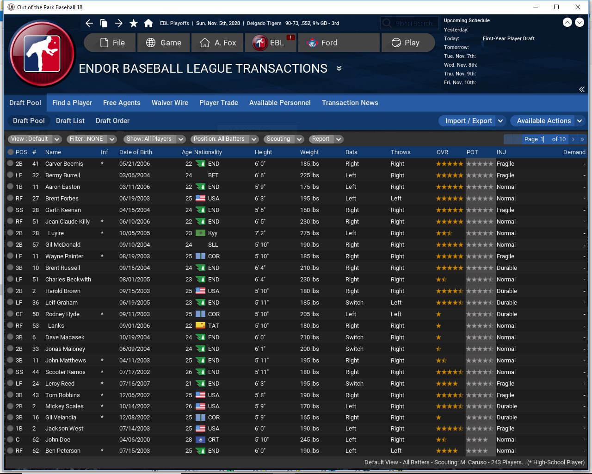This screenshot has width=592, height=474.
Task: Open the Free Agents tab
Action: [122, 103]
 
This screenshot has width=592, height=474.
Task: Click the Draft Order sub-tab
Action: [112, 121]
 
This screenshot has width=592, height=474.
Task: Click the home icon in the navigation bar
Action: [148, 23]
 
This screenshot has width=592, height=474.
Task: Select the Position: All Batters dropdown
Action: [225, 139]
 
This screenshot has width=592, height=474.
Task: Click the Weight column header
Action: [309, 152]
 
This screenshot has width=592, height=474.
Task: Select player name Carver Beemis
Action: [64, 163]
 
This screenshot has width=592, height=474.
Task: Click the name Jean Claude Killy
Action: [68, 221]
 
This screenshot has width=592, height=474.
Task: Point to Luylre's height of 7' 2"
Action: [262, 233]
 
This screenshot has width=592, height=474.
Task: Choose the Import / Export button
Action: [468, 121]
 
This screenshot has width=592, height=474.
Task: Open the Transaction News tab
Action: [350, 103]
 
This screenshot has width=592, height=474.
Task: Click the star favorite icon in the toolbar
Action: [134, 23]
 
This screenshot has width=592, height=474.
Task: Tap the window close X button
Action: [578, 7]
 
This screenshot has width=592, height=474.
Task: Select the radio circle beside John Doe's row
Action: [10, 439]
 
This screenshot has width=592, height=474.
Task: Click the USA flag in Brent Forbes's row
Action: [200, 198]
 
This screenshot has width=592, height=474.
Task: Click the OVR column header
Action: [442, 152]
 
